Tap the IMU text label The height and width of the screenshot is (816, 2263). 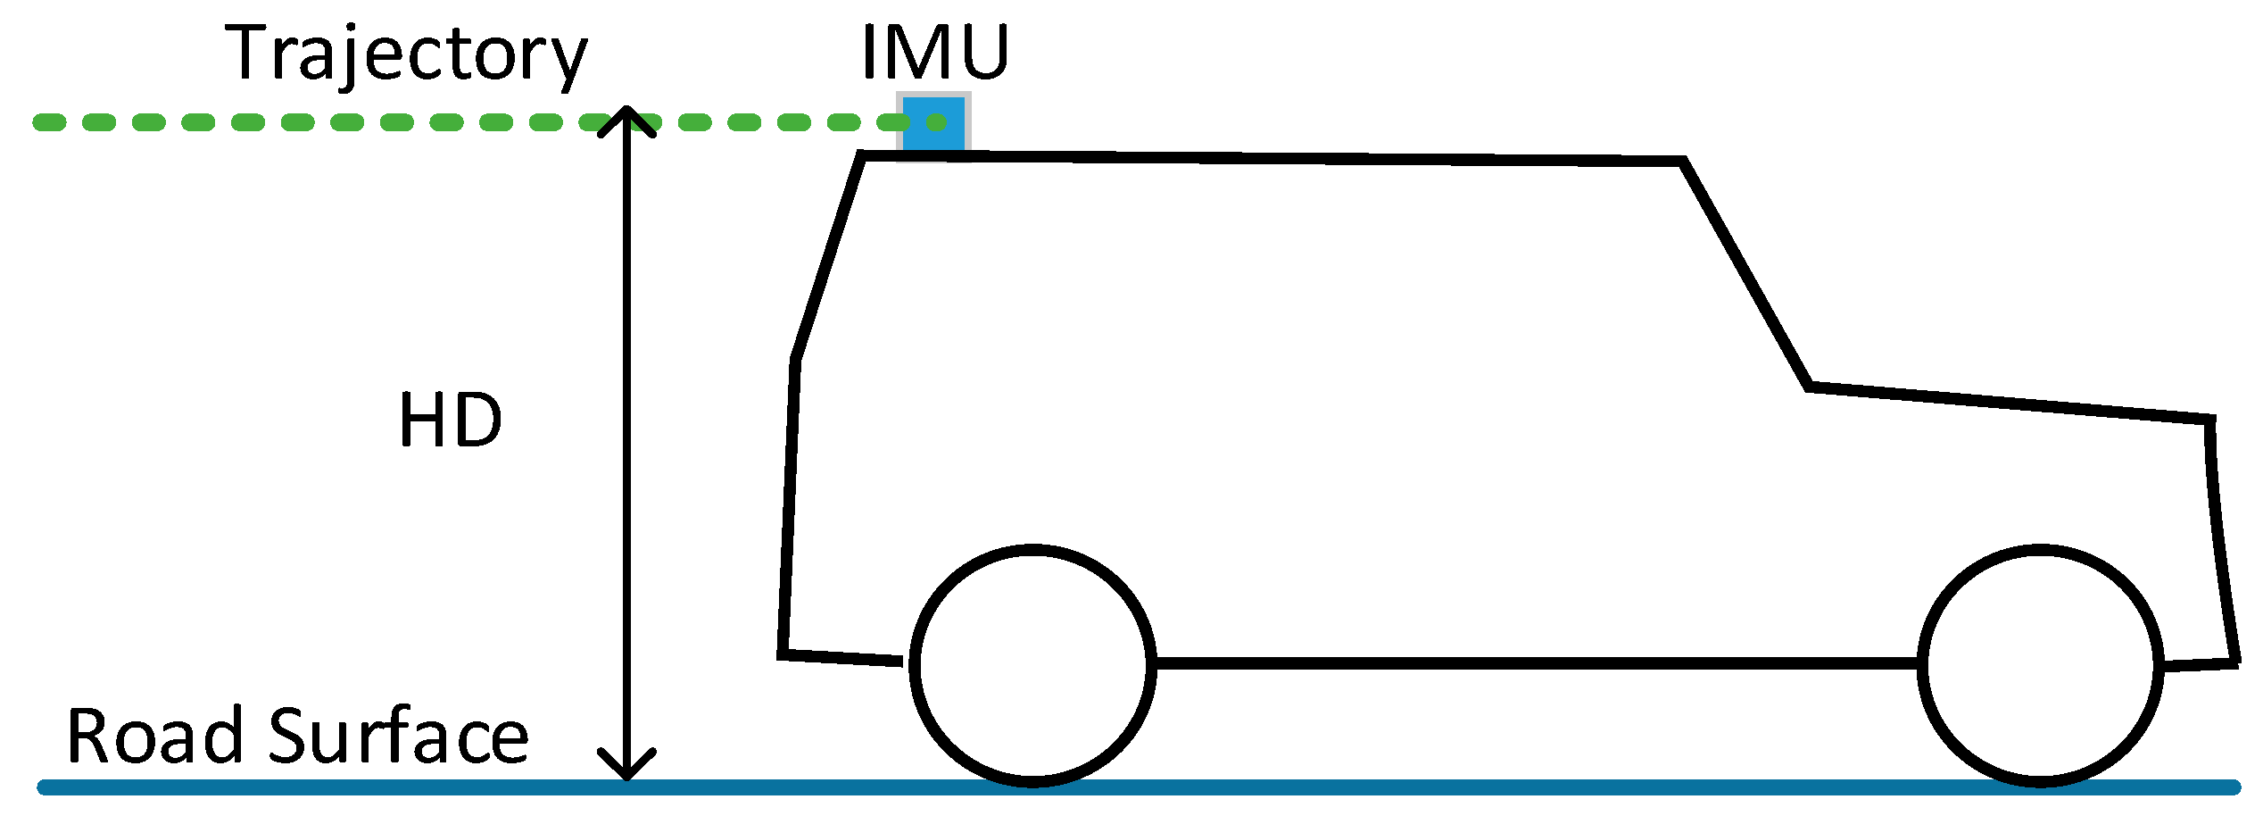coord(934,52)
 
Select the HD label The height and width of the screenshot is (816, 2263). coord(450,420)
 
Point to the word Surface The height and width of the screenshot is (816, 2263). coord(399,736)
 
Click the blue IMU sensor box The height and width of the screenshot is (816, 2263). coord(933,125)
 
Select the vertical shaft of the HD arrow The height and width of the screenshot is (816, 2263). coord(627,446)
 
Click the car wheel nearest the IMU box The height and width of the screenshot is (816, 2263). coord(1032,666)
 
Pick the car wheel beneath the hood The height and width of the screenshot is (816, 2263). coord(2041,666)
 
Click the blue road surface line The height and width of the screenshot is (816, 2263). coord(1339,787)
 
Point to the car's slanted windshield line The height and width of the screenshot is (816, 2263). coord(1745,273)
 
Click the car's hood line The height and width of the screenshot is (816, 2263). coord(2008,403)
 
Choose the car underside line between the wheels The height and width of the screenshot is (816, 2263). coord(1535,662)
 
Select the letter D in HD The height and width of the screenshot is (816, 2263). coord(477,420)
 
